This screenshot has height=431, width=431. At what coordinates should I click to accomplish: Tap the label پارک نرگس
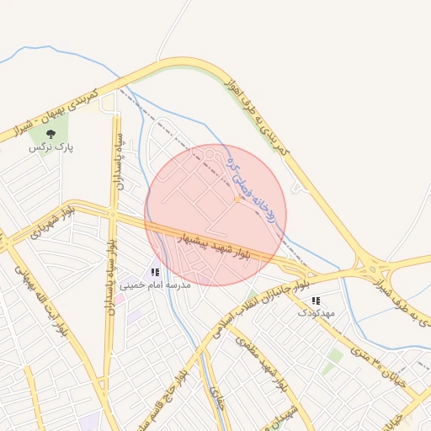click(51, 147)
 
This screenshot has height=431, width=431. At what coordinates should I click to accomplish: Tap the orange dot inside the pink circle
click(238, 200)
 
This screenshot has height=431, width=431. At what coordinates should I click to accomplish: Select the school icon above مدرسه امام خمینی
click(154, 272)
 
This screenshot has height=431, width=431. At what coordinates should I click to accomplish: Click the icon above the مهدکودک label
click(316, 301)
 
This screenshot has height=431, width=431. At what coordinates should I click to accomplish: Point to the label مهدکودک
click(317, 313)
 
